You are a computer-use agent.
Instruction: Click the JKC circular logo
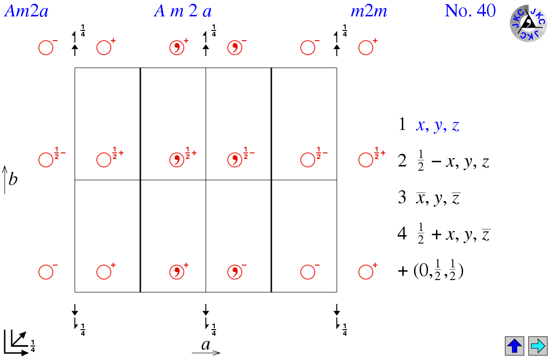pos(528,23)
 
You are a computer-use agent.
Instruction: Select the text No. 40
pos(470,11)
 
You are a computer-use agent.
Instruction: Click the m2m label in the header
pos(369,11)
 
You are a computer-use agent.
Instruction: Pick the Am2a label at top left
pos(26,11)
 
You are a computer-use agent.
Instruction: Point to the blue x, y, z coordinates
pos(437,125)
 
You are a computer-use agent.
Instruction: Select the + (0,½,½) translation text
pos(430,271)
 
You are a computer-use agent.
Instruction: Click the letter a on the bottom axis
pos(206,345)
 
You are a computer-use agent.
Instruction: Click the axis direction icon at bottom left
pos(16,343)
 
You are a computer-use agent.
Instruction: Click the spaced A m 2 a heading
pos(183,11)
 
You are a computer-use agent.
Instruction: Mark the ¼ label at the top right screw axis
pos(345,31)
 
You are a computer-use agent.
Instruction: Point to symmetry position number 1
pos(402,124)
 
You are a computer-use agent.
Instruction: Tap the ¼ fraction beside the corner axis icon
pos(33,346)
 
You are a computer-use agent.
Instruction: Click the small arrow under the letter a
pos(206,353)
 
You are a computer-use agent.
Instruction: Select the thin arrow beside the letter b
pos(5,180)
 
